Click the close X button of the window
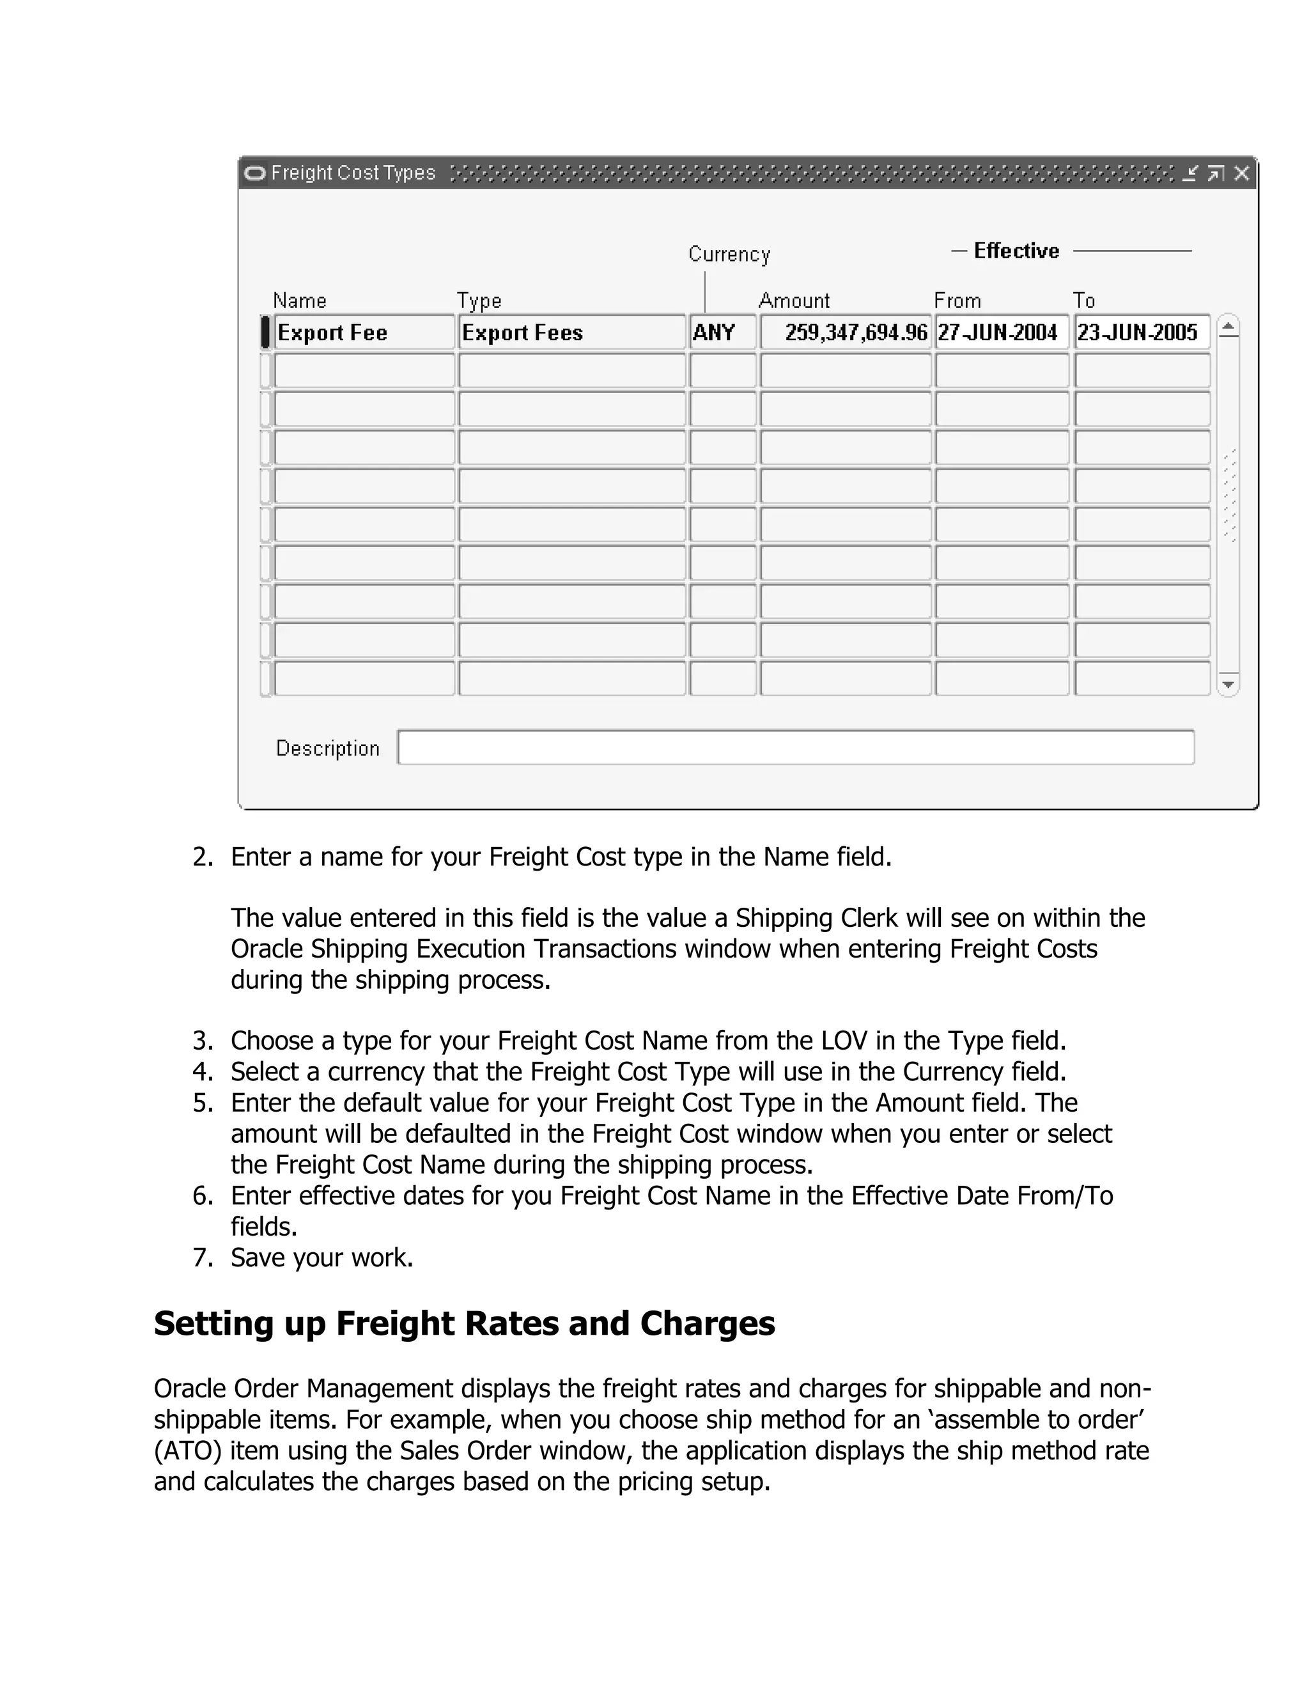tap(1241, 173)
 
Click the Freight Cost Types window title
tap(353, 173)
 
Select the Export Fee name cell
tap(364, 333)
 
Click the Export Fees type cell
tap(571, 333)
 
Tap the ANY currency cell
tap(722, 333)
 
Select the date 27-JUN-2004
tap(1001, 333)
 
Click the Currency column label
tap(729, 254)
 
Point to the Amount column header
tap(793, 300)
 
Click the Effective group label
tap(1016, 251)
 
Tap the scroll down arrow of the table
tap(1228, 684)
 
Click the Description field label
tap(327, 748)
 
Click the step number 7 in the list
tap(201, 1257)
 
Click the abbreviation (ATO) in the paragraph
tap(187, 1450)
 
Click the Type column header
tap(479, 300)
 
